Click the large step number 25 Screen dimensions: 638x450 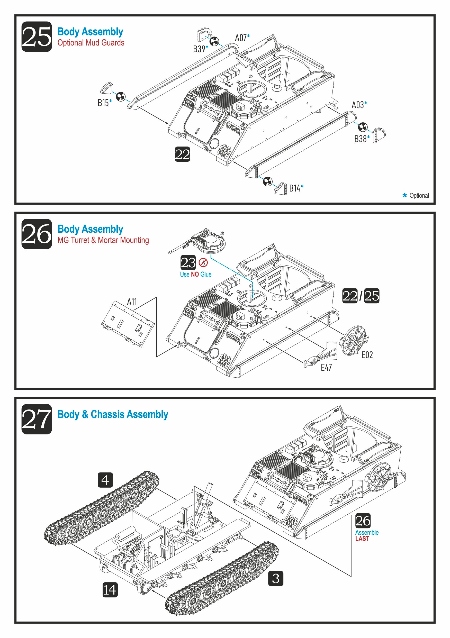37,37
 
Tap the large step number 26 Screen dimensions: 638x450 37,234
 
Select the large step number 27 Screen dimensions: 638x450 37,419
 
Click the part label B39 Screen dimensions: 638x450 199,49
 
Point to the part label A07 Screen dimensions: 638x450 241,38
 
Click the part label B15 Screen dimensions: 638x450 103,103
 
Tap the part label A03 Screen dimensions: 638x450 357,105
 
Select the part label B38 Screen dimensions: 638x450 360,139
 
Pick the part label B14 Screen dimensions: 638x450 295,188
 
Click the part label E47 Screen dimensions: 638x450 326,368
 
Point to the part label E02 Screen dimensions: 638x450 367,355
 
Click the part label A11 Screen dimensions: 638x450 132,302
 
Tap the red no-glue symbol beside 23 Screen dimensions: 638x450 203,262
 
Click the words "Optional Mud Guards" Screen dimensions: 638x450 91,43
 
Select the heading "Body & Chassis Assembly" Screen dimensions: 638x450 113,414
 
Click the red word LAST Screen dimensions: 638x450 362,539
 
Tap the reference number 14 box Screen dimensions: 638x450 110,590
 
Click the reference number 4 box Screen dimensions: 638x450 105,480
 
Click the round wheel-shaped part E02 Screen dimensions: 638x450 354,341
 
